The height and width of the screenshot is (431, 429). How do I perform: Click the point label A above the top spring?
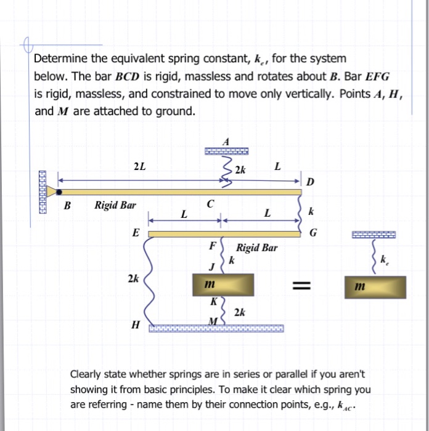coord(226,141)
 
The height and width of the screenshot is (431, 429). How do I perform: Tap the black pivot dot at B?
coord(59,192)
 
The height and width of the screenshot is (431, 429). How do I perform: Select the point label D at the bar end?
coord(310,182)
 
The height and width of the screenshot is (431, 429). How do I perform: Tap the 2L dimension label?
coord(140,166)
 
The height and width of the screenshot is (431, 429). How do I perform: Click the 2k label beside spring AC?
coord(240,171)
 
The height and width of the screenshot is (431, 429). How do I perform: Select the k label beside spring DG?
coord(311,212)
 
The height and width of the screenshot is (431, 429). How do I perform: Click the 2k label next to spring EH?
coord(133,279)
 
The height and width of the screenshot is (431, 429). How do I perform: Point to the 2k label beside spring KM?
coord(240,313)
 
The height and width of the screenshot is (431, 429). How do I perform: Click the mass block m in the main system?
coord(225,285)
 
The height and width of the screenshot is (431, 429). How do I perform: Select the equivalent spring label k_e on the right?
coord(385,262)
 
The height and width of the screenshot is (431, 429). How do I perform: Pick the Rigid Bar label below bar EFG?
coord(257,248)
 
